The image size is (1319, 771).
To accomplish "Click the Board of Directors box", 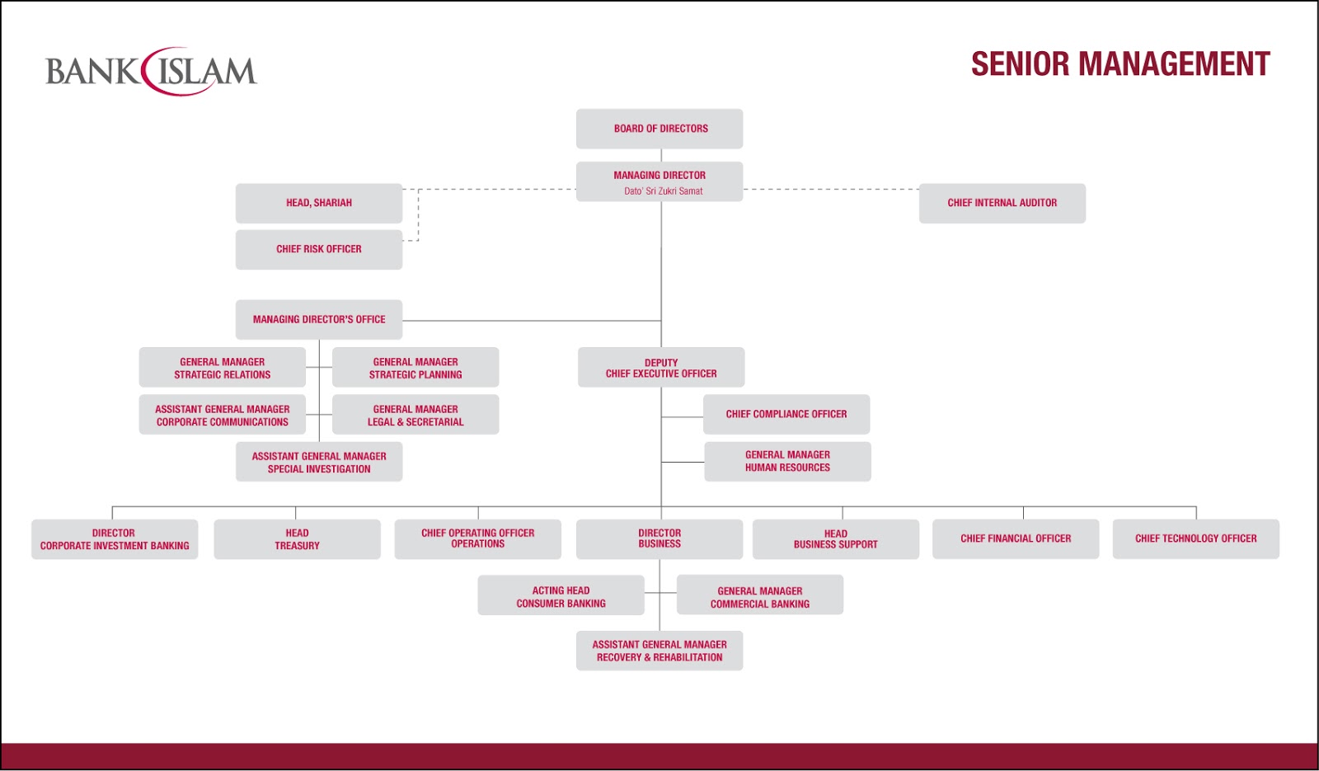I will pos(659,129).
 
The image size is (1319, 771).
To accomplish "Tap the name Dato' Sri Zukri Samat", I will pos(663,191).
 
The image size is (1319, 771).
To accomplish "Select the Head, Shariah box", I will pos(319,203).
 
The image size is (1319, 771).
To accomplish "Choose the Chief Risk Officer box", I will pos(319,249).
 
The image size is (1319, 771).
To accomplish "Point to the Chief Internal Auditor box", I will pos(1002,203).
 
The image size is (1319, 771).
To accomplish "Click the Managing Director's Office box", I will pos(319,319).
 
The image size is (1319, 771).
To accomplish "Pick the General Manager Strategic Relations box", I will pos(223,368).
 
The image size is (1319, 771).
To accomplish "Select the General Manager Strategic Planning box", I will pos(415,368).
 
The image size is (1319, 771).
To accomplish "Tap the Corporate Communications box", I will pos(223,415).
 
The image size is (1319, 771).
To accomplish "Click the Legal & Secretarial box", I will pos(415,415).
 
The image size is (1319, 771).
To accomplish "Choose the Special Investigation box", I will pos(319,462).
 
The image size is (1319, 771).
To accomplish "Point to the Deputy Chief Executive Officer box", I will pos(661,368).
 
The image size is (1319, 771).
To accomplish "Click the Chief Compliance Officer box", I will pos(786,414).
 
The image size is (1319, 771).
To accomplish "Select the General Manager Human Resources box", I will pos(787,461).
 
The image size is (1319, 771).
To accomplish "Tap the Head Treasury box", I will pos(297,539).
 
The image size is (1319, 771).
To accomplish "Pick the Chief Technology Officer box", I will pos(1195,538).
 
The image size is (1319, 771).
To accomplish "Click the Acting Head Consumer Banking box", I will pos(561,596).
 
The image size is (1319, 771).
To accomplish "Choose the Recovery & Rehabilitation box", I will pos(659,651).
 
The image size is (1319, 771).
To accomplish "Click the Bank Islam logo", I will pos(151,72).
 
